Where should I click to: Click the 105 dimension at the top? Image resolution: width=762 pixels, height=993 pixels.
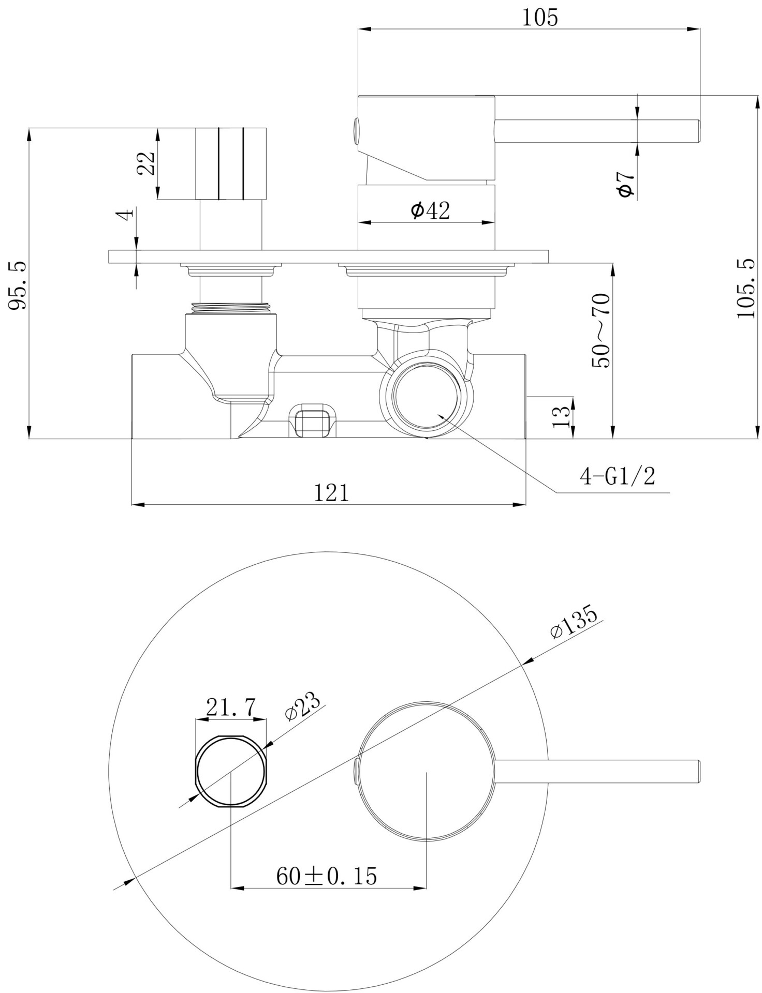click(540, 18)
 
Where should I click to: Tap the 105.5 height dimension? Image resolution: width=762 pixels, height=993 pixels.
click(745, 289)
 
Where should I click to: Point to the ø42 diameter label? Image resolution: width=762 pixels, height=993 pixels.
click(430, 210)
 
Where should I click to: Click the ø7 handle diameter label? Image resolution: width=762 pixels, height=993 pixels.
click(625, 184)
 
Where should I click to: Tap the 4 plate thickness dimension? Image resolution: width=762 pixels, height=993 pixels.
click(127, 214)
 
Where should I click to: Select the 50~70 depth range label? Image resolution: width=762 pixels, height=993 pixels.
click(602, 330)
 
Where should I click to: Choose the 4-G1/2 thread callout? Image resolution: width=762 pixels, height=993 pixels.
click(617, 476)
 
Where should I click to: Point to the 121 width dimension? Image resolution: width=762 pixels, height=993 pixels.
click(332, 492)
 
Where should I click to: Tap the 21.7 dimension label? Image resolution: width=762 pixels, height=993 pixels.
click(231, 707)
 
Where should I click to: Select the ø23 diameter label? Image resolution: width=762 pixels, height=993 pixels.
click(303, 705)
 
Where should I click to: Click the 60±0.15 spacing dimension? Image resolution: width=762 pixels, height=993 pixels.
click(327, 876)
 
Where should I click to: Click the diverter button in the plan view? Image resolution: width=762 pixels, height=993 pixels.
click(230, 771)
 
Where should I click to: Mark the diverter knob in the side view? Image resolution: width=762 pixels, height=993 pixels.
click(231, 163)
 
